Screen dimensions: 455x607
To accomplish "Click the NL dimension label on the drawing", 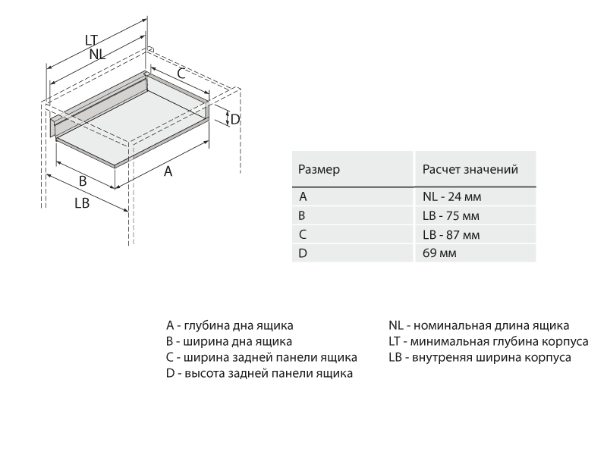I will point(97,55).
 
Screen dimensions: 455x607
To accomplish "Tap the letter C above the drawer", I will point(181,73).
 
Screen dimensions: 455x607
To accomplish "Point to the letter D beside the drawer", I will point(235,119).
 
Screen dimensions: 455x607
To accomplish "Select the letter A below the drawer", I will point(168,172).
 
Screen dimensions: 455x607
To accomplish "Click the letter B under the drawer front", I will point(83,181).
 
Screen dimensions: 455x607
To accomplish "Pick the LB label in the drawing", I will point(83,203).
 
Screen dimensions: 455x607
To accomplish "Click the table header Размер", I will point(319,168).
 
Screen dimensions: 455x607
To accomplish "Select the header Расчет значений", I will point(470,168).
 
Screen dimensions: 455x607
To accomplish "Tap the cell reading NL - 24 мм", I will point(452,196).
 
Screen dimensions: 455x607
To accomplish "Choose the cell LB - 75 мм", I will point(451,215).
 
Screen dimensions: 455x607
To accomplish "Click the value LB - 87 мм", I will point(451,234).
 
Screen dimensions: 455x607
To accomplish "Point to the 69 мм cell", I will point(439,253).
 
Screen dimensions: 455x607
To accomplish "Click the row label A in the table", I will point(303,196).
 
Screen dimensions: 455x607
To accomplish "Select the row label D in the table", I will point(303,253).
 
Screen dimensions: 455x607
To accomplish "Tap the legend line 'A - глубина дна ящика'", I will point(230,325).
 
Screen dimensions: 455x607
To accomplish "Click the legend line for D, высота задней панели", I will point(259,373).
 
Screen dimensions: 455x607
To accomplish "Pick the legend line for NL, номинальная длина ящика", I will point(479,325).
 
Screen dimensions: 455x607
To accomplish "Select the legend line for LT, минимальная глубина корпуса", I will point(488,341).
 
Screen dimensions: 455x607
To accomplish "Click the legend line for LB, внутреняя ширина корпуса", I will point(480,357).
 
